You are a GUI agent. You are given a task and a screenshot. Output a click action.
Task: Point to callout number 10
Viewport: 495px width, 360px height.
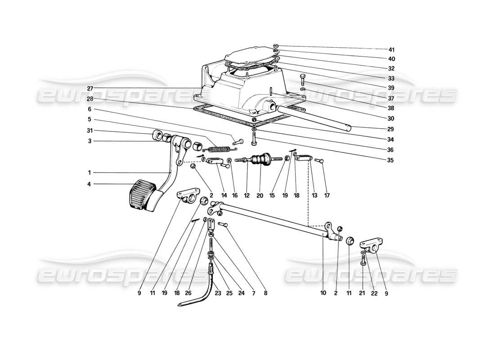coord(323,293)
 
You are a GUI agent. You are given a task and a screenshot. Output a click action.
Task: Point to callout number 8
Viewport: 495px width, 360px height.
coord(265,293)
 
